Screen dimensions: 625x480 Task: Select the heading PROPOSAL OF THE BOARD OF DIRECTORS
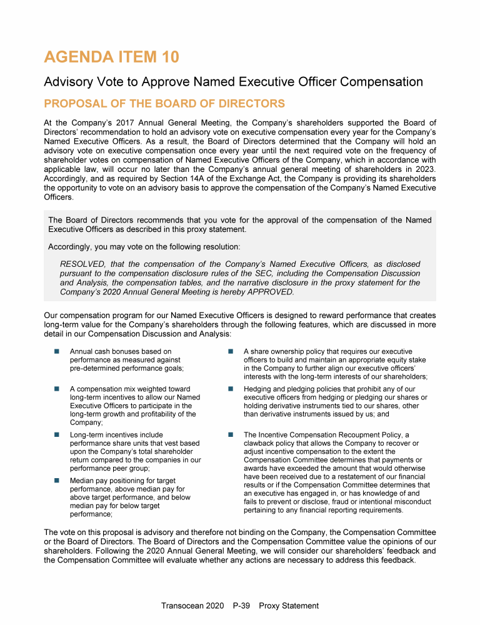tap(164, 104)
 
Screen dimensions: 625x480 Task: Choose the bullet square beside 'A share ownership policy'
tap(230, 352)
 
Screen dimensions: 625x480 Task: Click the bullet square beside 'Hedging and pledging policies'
tap(230, 389)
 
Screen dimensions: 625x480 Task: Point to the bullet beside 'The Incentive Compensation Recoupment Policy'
tap(230, 435)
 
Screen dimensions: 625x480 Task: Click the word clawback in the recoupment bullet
tap(260, 443)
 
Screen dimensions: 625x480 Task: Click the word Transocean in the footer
tap(182, 606)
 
